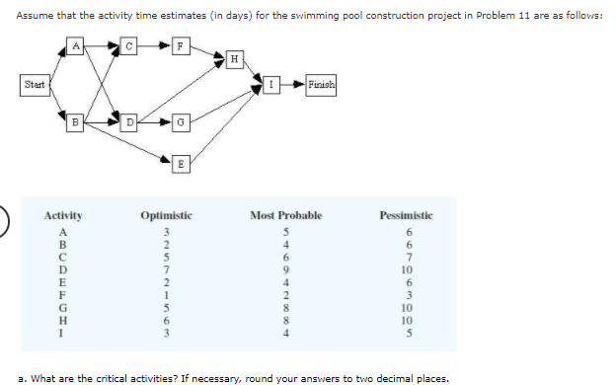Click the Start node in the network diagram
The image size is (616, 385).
(x=34, y=84)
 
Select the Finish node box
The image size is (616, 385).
(x=321, y=84)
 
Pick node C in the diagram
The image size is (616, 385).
(x=128, y=43)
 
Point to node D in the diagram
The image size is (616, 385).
(x=127, y=122)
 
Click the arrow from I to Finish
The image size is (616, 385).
(x=291, y=84)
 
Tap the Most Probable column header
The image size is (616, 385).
(x=285, y=215)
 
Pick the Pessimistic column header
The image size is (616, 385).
(x=406, y=215)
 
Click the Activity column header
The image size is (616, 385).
(x=63, y=215)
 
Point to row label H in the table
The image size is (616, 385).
(x=63, y=320)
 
